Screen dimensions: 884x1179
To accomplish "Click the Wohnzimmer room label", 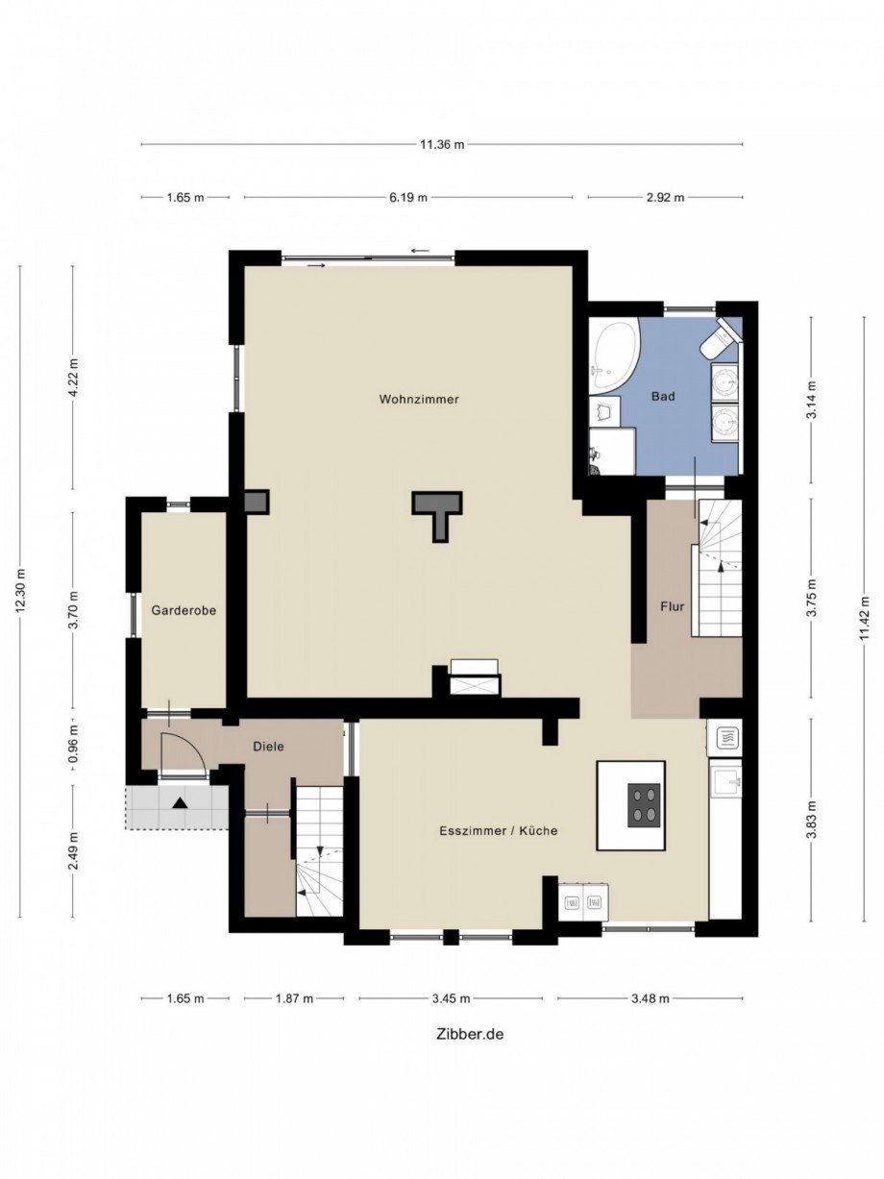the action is [x=419, y=399].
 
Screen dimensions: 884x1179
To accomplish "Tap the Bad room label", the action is [x=663, y=397].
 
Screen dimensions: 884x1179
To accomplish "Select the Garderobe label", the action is [x=184, y=610].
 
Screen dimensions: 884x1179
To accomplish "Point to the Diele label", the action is [x=268, y=746].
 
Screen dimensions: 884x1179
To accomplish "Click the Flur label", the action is [x=672, y=606].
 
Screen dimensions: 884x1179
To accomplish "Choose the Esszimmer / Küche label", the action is [x=499, y=830].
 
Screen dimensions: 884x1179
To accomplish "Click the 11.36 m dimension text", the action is [x=443, y=144].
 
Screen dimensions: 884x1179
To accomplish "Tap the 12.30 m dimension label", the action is [x=20, y=589].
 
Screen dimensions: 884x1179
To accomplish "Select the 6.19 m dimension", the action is [x=408, y=197].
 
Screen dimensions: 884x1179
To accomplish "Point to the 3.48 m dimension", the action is [x=651, y=998].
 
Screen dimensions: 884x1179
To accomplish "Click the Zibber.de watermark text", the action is [x=471, y=1048].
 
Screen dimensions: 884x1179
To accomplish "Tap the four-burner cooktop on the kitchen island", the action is [x=644, y=804].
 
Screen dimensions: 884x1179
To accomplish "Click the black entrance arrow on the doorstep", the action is [x=180, y=803].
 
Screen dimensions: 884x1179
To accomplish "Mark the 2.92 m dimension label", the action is [x=666, y=197].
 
